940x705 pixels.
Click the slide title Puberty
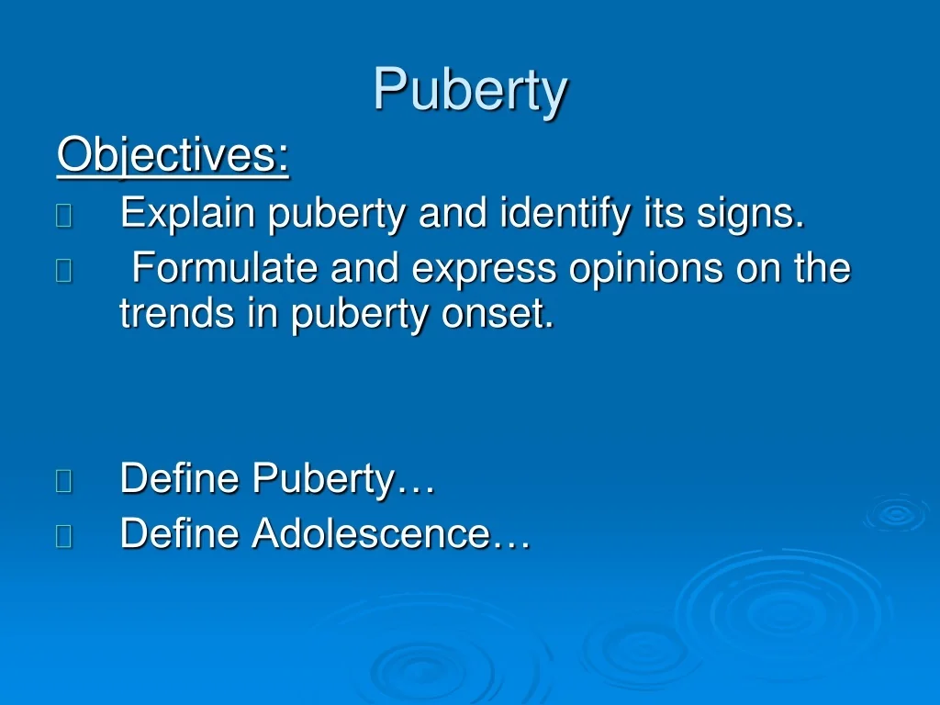pos(470,91)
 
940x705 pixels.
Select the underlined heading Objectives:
pos(173,155)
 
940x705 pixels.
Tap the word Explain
pos(187,215)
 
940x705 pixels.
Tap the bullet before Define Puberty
pos(63,481)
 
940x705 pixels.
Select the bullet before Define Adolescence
pos(63,535)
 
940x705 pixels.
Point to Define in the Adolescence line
pos(181,533)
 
